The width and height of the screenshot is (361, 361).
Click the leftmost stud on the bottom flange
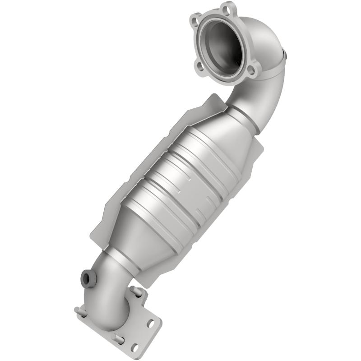78,310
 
